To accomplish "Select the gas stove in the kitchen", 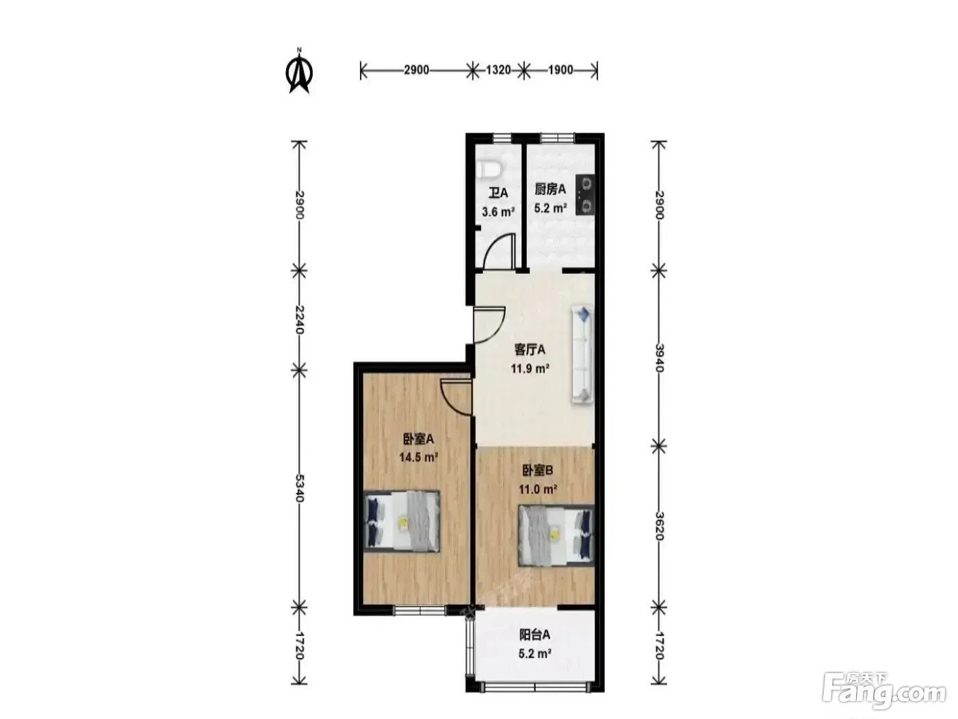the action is [585, 194].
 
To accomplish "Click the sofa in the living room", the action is [582, 354].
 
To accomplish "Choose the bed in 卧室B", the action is [556, 535].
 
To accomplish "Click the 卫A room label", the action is [498, 193].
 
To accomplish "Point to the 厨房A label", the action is [550, 190].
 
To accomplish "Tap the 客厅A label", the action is [530, 350].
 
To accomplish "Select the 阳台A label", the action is [534, 635].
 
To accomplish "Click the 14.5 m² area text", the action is [418, 457].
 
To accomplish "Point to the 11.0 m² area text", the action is [538, 490].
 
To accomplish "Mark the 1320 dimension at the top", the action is [498, 70].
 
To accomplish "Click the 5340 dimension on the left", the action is [299, 488].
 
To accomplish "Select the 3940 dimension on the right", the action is [659, 358].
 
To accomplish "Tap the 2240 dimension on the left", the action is [299, 320].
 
